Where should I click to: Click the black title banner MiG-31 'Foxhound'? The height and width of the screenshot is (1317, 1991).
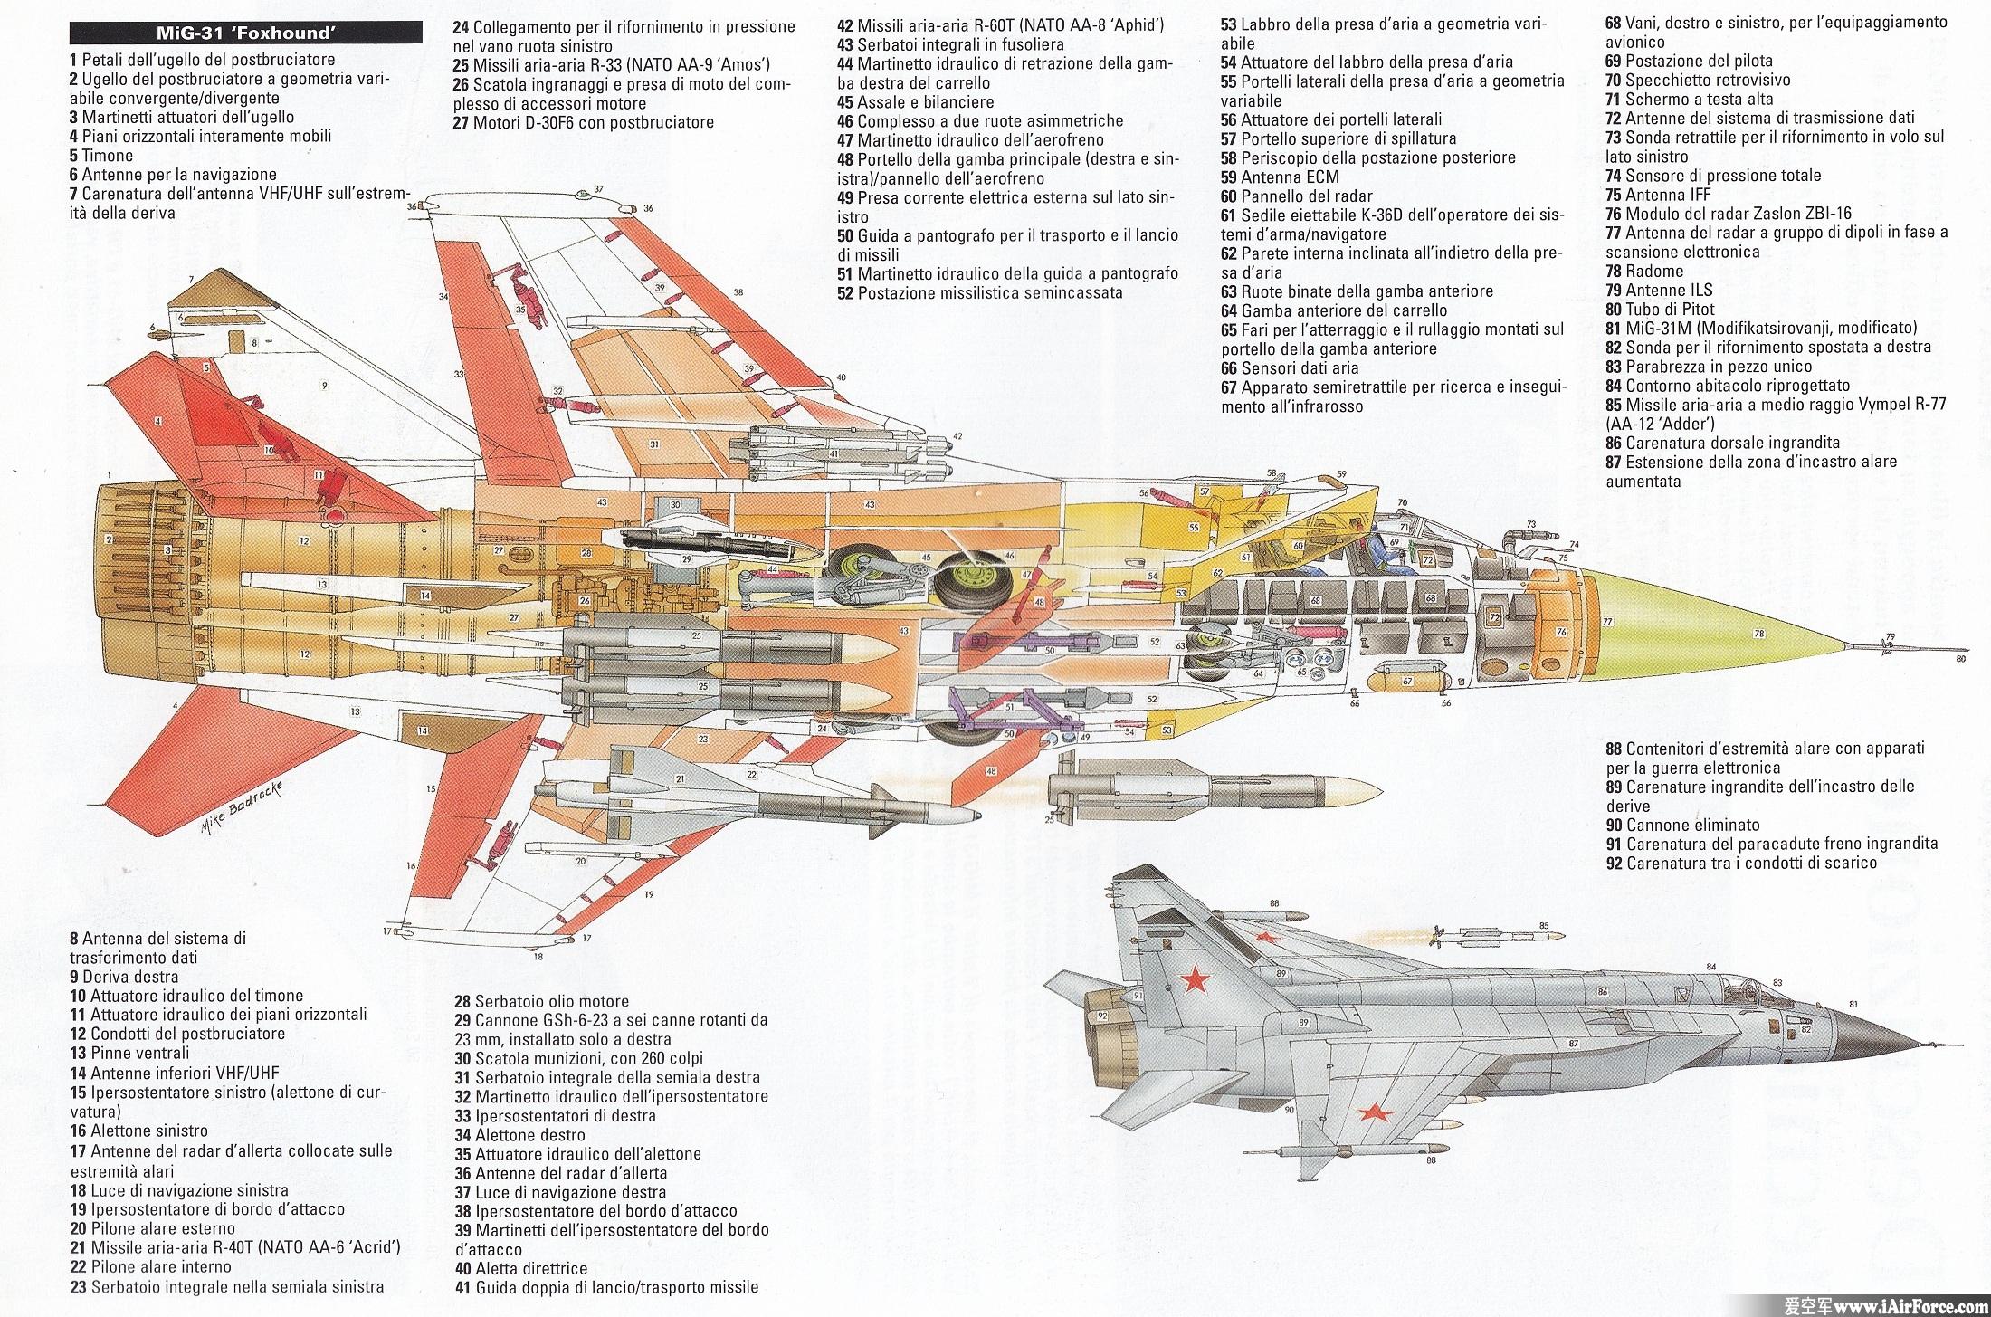[x=245, y=34]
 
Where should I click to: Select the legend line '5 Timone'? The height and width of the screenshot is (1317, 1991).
[x=101, y=155]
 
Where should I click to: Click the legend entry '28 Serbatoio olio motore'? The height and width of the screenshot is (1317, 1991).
[x=541, y=1001]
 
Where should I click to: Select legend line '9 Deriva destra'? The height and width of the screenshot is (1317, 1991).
[x=124, y=977]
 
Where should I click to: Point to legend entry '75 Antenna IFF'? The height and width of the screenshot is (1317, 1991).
[x=1659, y=195]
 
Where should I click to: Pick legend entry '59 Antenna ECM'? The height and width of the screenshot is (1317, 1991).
[x=1279, y=177]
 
